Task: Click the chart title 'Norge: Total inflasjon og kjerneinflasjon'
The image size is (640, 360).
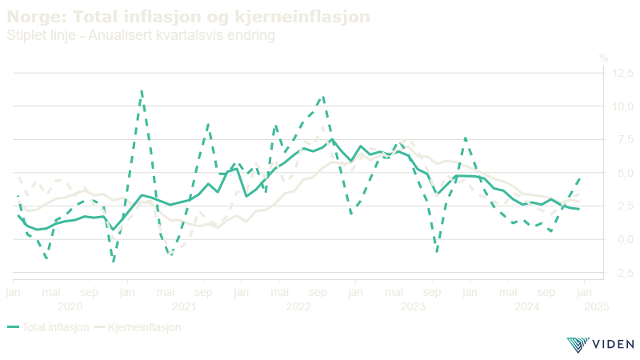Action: point(189,17)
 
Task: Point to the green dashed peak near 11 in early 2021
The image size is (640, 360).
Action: point(142,91)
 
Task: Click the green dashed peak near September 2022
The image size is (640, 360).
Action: point(322,98)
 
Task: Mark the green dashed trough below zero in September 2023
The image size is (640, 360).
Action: point(437,251)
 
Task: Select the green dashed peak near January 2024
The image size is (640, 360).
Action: point(465,138)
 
